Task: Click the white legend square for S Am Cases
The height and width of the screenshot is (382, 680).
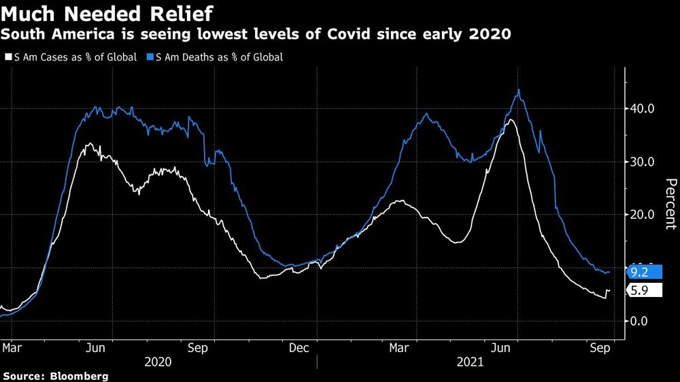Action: coord(8,58)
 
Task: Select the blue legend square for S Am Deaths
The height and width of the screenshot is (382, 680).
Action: coord(150,58)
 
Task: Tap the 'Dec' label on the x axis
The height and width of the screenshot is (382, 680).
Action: coord(299,348)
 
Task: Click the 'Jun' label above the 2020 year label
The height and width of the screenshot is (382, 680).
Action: coord(96,348)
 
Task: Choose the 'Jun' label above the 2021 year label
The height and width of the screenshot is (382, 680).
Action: coord(501,348)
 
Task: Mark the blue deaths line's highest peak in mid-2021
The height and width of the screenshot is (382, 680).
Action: coord(519,90)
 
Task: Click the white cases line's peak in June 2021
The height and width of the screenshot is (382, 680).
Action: coord(510,120)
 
